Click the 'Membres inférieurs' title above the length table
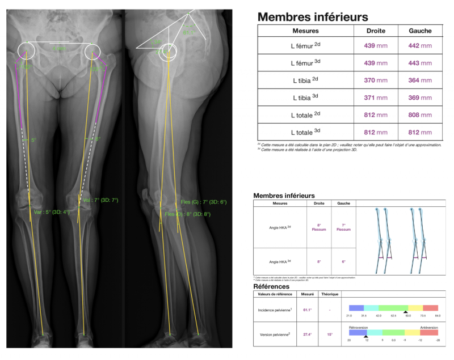[x=313, y=17]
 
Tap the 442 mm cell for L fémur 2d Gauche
[x=420, y=46]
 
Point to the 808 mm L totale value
[x=420, y=116]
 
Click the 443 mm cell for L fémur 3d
[x=420, y=63]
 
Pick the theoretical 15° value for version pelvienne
[x=330, y=334]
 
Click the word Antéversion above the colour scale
[x=428, y=327]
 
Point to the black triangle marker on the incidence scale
[x=405, y=312]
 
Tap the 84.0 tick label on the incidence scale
[x=438, y=316]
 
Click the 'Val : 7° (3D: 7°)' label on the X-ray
[x=100, y=200]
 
